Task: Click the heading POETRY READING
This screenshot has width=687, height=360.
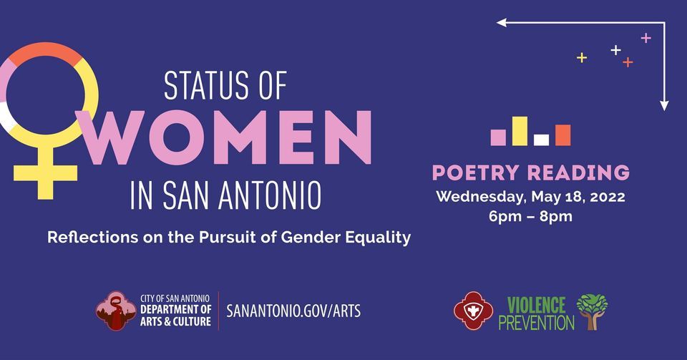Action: point(530,172)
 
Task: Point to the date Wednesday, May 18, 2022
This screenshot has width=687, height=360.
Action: point(530,196)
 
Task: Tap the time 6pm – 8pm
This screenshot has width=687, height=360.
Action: point(530,216)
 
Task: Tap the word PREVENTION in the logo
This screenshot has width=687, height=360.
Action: point(536,322)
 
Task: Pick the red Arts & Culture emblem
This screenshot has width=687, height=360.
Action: point(116,311)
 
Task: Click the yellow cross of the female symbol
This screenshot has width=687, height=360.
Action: point(45,170)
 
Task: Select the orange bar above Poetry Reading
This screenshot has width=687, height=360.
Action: point(563,135)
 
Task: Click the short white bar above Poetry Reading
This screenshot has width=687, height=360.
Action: point(542,140)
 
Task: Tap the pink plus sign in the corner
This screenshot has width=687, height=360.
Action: point(645,38)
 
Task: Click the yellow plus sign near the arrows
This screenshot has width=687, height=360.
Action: point(582,57)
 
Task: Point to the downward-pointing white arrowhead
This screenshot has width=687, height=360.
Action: point(664,105)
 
